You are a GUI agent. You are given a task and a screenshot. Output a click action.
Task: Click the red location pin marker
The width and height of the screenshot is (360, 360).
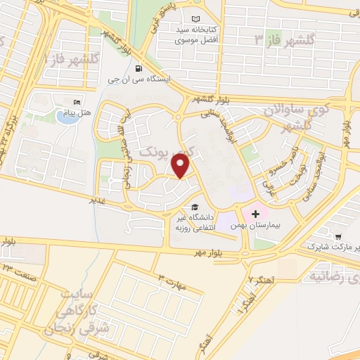[181, 166]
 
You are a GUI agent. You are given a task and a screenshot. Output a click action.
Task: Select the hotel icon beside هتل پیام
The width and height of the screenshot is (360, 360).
[77, 103]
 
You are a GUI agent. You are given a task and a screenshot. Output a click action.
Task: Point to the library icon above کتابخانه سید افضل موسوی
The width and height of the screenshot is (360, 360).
[195, 20]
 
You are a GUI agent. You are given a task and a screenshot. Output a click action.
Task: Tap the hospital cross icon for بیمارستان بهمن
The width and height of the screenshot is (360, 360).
[255, 212]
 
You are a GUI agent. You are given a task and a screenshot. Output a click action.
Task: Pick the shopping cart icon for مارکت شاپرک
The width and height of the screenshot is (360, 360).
[338, 237]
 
